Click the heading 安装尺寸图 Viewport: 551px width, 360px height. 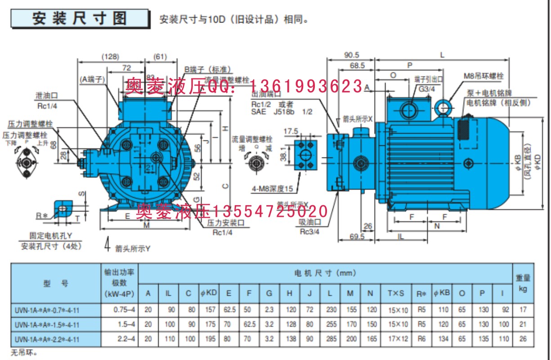click(80, 18)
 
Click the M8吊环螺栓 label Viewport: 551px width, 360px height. click(483, 75)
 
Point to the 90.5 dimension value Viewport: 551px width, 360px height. click(351, 55)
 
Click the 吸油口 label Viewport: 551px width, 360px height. click(310, 223)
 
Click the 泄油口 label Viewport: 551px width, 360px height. click(47, 96)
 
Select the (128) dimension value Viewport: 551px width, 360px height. click(110, 57)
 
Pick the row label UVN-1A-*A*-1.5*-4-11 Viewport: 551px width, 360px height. click(49, 324)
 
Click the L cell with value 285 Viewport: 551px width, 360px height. click(330, 339)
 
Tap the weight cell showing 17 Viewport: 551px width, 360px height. click(523, 310)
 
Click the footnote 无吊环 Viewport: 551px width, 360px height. click(22, 351)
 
